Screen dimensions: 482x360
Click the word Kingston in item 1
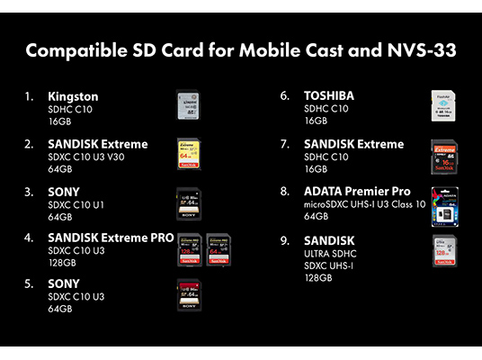[73, 97]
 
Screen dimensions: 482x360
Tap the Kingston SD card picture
[189, 105]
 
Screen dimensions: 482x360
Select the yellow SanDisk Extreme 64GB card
[189, 154]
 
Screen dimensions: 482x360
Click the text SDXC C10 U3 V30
[86, 157]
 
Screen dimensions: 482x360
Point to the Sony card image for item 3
[189, 204]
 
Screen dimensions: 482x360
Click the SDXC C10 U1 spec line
[76, 205]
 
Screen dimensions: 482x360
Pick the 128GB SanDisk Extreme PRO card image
[190, 250]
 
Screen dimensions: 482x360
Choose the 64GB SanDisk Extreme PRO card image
[219, 250]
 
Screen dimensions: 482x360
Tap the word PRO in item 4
[162, 238]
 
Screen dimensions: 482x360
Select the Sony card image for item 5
[189, 295]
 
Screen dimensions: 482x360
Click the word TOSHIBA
[329, 96]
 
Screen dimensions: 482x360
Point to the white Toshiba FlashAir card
[443, 105]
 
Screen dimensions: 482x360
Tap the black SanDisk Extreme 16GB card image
[444, 157]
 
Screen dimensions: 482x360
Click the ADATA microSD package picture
[445, 207]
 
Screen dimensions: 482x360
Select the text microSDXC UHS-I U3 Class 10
[364, 204]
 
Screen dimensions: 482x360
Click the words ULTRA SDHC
[330, 254]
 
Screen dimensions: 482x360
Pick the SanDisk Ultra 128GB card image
[445, 251]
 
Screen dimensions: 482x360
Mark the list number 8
[285, 192]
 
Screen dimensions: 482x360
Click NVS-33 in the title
[422, 50]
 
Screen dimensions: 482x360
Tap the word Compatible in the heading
[76, 50]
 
